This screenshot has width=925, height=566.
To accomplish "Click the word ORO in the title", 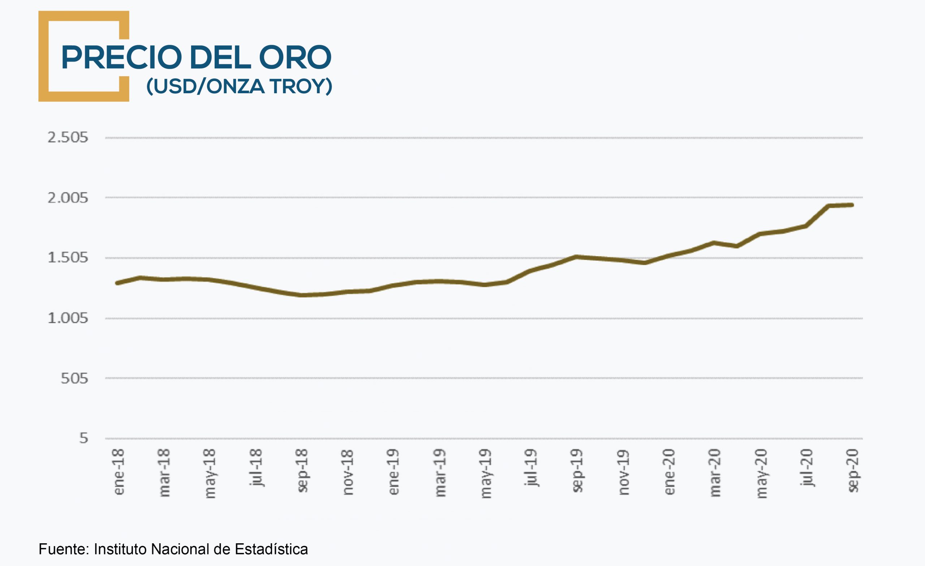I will [295, 57].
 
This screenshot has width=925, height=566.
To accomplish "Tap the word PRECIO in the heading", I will [121, 57].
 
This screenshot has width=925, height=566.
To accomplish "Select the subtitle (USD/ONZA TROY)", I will [239, 86].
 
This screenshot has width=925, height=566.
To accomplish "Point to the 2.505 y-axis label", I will [68, 137].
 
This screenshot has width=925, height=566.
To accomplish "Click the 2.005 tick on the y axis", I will [68, 198].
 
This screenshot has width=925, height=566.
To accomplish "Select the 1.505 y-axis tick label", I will [68, 258].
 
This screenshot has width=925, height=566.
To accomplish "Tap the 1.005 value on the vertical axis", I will [68, 318].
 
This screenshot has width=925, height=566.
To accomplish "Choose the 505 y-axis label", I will [74, 378].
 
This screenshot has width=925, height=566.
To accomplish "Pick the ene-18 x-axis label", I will [119, 472].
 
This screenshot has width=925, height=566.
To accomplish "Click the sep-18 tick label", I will [302, 470].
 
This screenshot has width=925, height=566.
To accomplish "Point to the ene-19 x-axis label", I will [393, 472].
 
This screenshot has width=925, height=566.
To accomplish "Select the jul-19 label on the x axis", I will [531, 468].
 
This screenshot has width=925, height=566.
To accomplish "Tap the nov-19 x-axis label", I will [623, 472].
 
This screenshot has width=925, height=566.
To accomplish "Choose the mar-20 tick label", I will [715, 472].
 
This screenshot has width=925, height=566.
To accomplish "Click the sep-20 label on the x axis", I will [853, 470].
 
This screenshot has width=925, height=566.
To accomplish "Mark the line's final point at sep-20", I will [852, 205].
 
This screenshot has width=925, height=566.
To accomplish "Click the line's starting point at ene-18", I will [117, 283].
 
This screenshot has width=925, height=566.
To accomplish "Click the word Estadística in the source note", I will [271, 549].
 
